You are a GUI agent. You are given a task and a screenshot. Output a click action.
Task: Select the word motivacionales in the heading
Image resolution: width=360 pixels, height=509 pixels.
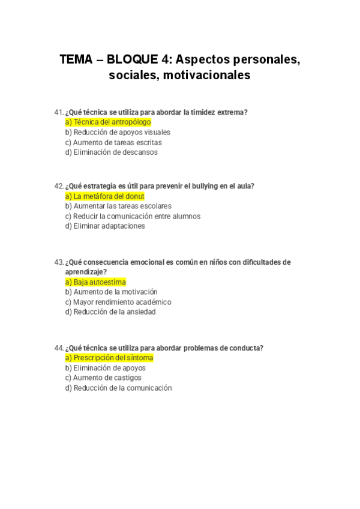[206, 76]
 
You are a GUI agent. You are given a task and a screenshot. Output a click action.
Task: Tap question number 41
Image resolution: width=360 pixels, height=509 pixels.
[58, 112]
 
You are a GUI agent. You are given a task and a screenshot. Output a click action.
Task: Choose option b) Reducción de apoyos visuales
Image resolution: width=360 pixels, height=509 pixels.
[118, 132]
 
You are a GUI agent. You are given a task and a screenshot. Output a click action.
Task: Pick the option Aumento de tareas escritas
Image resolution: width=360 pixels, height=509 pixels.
[113, 142]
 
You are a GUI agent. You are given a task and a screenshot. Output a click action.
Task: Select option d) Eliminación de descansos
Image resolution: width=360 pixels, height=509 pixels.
[111, 152]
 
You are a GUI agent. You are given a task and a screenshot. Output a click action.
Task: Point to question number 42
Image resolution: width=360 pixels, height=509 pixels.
[59, 186]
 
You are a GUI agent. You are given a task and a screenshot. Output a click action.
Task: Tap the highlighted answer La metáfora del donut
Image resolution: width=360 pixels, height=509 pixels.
[104, 196]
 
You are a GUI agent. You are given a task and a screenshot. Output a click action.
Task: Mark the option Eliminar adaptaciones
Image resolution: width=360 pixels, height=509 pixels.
[105, 226]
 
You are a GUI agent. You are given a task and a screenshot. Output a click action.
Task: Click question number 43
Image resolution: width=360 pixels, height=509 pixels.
[59, 262]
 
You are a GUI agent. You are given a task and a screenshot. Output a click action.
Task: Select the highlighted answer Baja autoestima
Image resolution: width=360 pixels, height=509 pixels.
[95, 282]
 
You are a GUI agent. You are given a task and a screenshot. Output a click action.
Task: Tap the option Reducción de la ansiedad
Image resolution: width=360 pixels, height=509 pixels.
[110, 312]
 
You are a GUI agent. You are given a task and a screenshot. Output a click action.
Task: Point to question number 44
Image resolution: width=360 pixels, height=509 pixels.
[59, 348]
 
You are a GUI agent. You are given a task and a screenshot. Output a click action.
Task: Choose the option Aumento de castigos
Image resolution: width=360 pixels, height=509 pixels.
[103, 378]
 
